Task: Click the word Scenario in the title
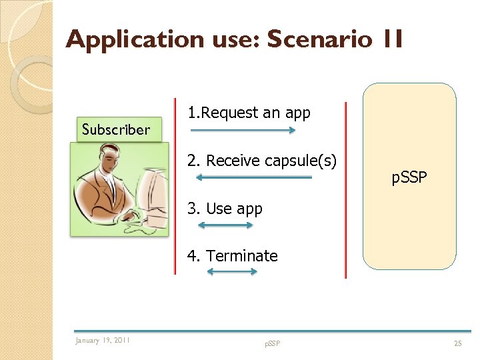(x=319, y=40)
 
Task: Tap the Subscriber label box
(x=116, y=129)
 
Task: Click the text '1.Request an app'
(x=249, y=113)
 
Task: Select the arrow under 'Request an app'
(x=241, y=131)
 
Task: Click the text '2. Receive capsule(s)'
(x=261, y=161)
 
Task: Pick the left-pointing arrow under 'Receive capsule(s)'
(x=253, y=177)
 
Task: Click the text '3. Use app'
(x=225, y=209)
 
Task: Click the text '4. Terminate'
(x=232, y=256)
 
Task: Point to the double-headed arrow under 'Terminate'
(x=231, y=272)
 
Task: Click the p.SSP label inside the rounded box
(x=409, y=178)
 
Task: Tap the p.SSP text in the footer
(x=272, y=343)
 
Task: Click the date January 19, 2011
(x=103, y=341)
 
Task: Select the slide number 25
(x=457, y=343)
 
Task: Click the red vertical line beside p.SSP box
(x=345, y=190)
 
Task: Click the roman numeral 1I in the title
(x=392, y=40)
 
